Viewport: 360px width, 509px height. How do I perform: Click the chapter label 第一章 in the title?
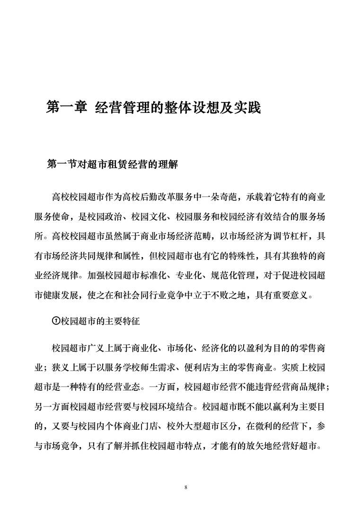click(x=66, y=107)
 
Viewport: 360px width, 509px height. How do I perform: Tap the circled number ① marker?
click(x=55, y=321)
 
